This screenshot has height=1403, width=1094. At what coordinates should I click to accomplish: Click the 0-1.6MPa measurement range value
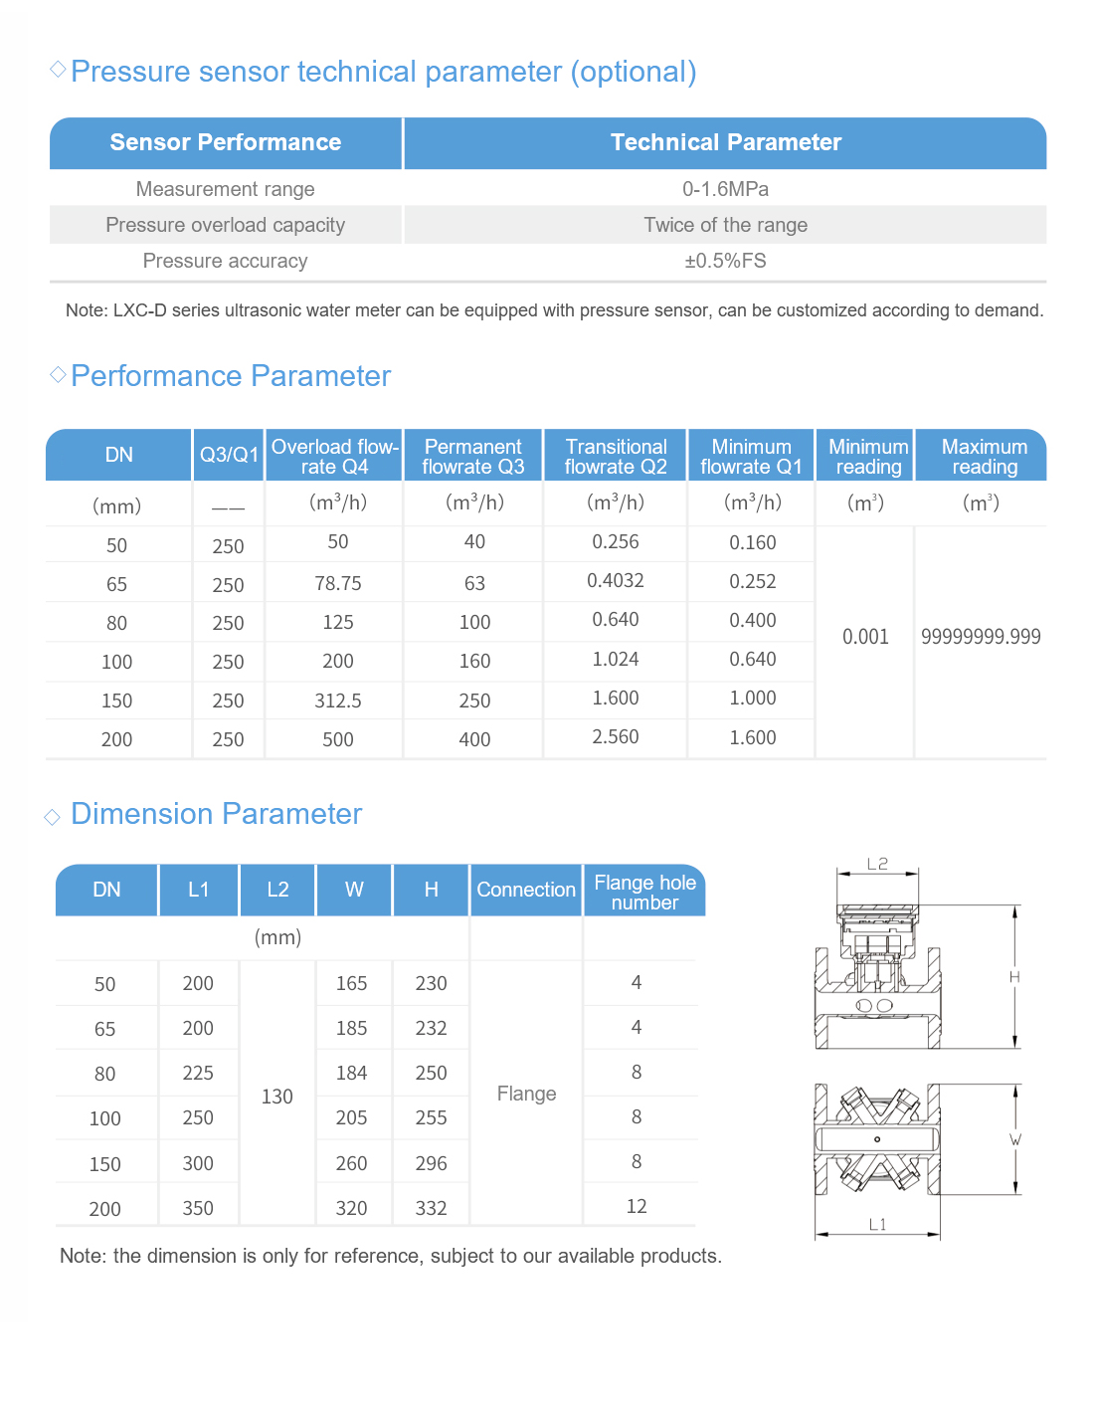click(725, 189)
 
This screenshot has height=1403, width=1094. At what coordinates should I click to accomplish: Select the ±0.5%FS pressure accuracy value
click(725, 261)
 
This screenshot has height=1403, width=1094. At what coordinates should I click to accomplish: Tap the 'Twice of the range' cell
click(725, 225)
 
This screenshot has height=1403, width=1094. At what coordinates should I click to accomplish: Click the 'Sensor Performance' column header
click(226, 142)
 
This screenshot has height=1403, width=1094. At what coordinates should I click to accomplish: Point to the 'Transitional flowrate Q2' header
click(616, 457)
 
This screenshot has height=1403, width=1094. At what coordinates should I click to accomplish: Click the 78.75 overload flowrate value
click(338, 583)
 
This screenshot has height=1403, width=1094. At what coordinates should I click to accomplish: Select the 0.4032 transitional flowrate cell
click(616, 581)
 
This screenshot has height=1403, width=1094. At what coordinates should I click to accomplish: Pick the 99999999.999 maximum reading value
click(981, 637)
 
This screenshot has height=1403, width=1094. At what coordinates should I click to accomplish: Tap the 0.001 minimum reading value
click(865, 637)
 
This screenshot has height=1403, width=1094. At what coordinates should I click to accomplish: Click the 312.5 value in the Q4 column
click(338, 701)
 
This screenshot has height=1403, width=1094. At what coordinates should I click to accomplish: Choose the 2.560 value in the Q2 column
click(616, 737)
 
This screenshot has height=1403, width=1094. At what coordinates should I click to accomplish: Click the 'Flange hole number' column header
click(644, 893)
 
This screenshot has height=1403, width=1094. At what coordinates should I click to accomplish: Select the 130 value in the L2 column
click(277, 1097)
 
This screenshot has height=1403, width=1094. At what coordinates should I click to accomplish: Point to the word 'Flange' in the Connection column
click(526, 1094)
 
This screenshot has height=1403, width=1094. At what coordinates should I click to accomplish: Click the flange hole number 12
click(637, 1206)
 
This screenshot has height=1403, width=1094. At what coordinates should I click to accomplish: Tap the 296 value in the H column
click(431, 1163)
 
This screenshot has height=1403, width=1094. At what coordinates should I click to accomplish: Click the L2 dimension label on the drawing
click(877, 864)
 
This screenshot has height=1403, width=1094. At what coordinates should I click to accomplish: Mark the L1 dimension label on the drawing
click(877, 1225)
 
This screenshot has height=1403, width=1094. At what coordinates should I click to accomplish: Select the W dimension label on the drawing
click(1015, 1139)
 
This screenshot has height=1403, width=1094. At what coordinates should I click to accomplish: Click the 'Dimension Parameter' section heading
click(216, 814)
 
